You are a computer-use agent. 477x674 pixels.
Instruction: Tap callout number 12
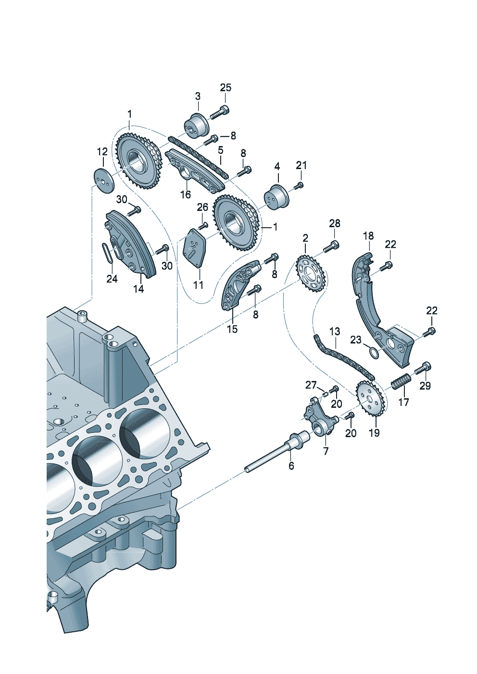[102, 152]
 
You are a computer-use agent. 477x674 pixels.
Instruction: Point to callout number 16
[186, 195]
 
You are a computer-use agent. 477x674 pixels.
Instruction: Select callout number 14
[138, 289]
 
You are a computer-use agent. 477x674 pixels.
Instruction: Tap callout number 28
[335, 223]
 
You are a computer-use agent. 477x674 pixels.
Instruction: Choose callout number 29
[425, 385]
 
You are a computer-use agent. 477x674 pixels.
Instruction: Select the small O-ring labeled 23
[373, 352]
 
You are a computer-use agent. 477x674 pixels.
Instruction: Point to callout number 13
[335, 331]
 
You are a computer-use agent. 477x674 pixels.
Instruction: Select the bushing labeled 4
[276, 197]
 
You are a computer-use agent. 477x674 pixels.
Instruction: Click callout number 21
[301, 165]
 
